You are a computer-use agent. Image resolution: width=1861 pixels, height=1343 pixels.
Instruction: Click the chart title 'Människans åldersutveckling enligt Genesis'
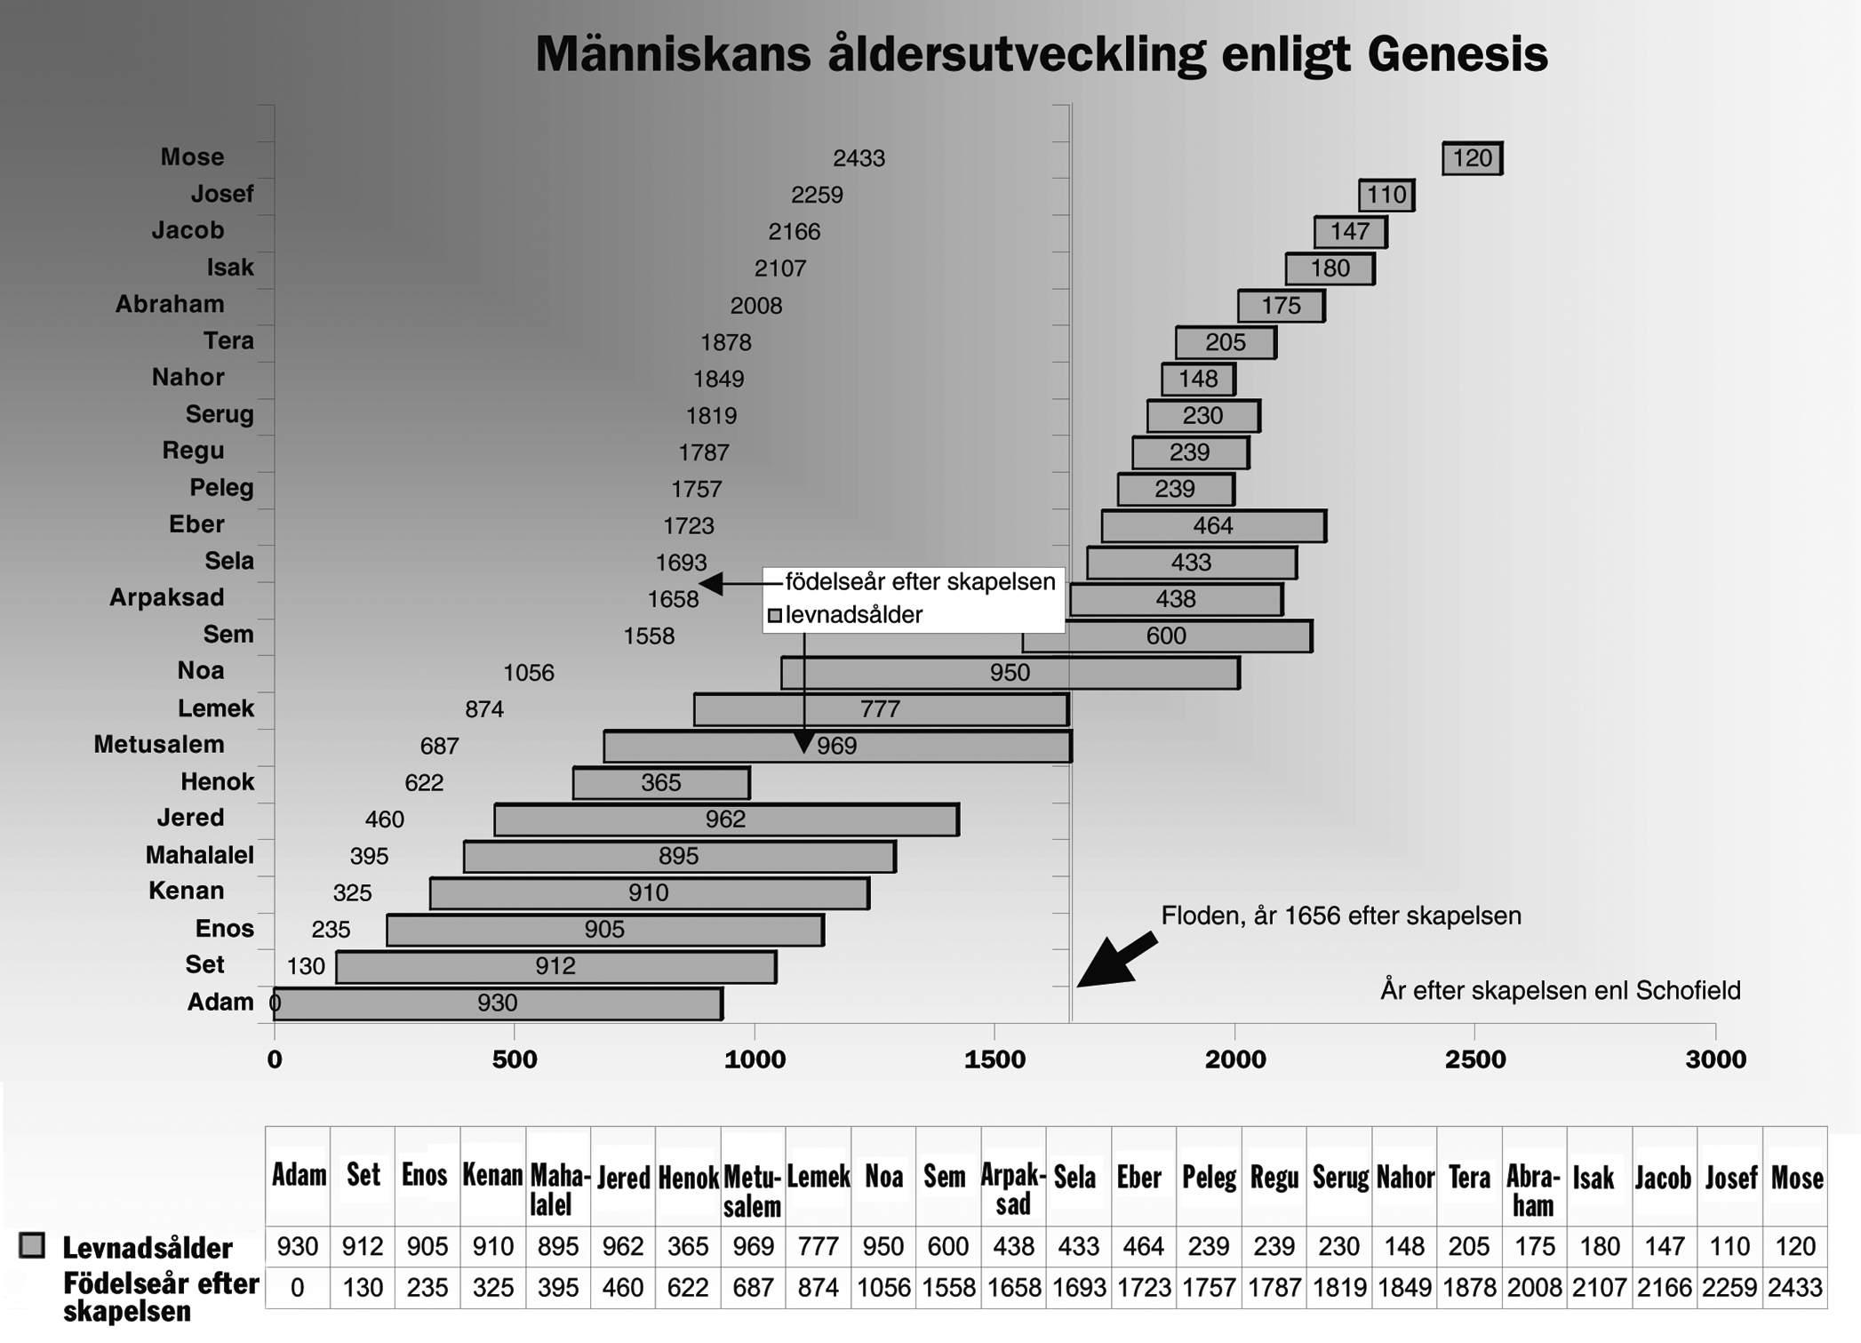(1041, 54)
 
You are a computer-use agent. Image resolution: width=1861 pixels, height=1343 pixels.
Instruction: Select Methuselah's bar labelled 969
(838, 747)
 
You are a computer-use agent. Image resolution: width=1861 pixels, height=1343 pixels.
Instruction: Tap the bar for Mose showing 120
(1473, 158)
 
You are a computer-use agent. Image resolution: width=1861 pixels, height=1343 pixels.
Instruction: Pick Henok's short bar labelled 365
(662, 783)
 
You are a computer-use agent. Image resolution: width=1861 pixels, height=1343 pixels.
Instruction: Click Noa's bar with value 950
(1010, 673)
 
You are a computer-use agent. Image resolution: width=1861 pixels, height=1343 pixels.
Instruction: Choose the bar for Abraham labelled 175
(1282, 306)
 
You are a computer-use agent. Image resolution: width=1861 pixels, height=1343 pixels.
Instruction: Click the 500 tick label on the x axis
(515, 1059)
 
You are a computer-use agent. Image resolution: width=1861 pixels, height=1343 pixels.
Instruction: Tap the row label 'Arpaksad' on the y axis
(167, 597)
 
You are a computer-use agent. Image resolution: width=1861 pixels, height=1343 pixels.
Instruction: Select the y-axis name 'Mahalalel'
(200, 855)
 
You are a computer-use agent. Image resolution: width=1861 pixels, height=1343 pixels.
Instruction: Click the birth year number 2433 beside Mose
(859, 158)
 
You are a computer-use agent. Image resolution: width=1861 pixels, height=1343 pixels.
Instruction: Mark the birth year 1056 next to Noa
(529, 673)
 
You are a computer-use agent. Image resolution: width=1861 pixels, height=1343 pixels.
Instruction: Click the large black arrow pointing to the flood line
(1116, 960)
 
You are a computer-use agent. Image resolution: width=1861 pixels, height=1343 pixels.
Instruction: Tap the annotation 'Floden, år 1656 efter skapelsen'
(1341, 915)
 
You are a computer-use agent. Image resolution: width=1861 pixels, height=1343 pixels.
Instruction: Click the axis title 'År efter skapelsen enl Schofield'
(1561, 990)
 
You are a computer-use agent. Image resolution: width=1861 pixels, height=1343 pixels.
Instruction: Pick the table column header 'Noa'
(883, 1177)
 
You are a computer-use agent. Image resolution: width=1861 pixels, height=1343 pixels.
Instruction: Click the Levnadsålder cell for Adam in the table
(298, 1246)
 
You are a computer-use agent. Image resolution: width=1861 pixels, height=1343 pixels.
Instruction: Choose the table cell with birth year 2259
(1729, 1288)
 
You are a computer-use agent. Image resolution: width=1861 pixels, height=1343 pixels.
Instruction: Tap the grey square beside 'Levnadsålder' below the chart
(32, 1245)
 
